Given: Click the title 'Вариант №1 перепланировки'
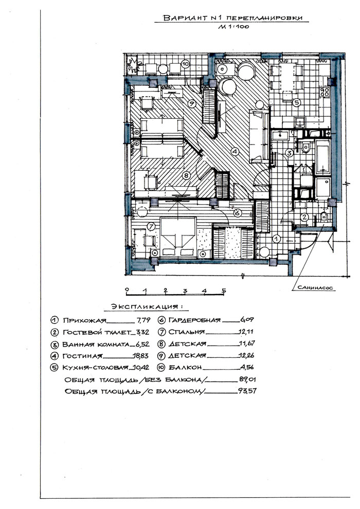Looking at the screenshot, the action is [232, 18].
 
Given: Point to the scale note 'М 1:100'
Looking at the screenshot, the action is [233, 27].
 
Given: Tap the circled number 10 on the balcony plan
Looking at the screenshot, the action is [185, 64].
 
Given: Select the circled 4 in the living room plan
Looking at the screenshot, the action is [235, 151].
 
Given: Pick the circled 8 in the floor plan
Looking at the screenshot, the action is [186, 176].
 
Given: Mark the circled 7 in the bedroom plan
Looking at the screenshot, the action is [151, 227].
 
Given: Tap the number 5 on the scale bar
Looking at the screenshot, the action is [224, 290].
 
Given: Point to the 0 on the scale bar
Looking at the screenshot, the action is [127, 289].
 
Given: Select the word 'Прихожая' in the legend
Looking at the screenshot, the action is [84, 320].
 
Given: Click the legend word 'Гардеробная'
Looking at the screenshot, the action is [194, 320].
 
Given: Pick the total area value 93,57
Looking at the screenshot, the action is [247, 391].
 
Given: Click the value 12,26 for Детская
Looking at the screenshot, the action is [246, 355].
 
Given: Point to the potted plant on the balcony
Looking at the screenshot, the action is [134, 66].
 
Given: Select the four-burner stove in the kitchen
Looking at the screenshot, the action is [325, 92].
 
